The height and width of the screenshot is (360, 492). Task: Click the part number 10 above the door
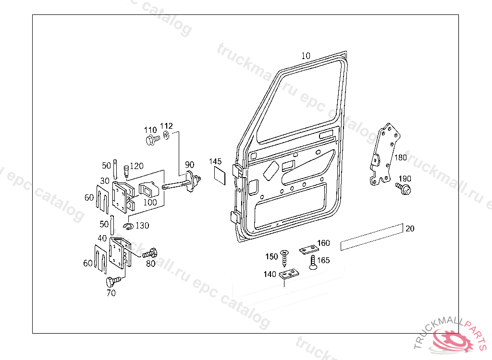click(306, 56)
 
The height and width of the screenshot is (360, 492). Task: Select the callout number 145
click(215, 161)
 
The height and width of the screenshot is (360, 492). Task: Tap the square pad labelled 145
click(220, 176)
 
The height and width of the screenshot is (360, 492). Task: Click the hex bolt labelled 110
click(152, 140)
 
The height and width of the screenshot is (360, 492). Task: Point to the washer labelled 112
click(167, 135)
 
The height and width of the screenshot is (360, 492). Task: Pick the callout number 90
click(189, 165)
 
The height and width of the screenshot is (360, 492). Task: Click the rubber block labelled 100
click(149, 190)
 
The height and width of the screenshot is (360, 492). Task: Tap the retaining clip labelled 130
click(129, 226)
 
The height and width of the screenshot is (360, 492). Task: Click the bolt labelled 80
click(150, 253)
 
